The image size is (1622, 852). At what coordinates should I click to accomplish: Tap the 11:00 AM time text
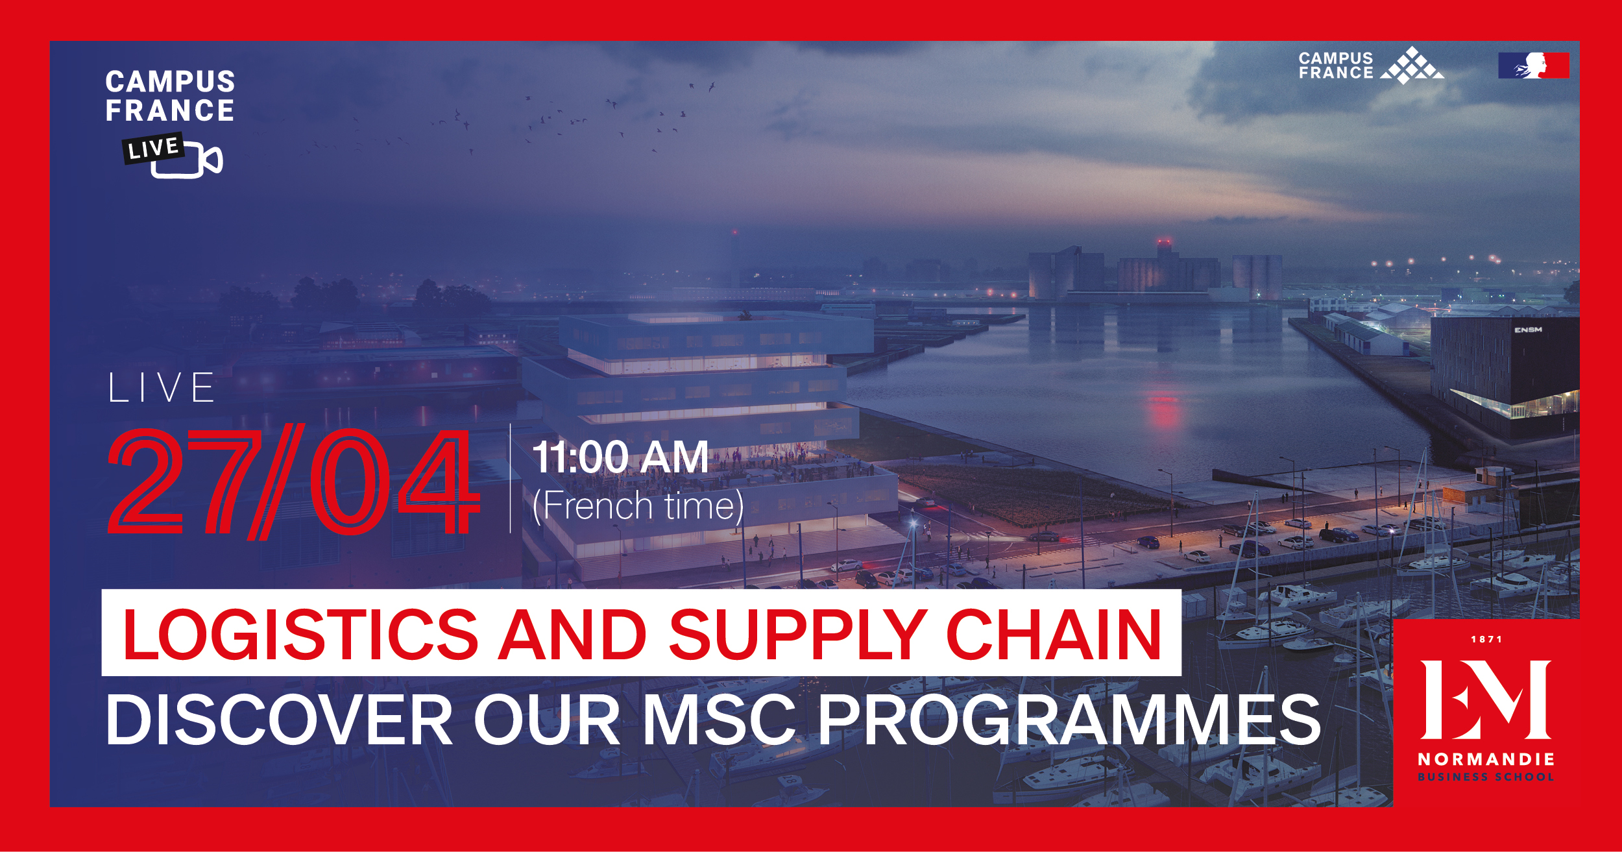click(x=620, y=457)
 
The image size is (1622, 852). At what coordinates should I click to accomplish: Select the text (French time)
click(x=638, y=505)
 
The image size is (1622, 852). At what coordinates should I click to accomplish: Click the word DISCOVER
click(x=280, y=720)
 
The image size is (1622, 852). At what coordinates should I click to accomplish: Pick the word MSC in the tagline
click(x=720, y=720)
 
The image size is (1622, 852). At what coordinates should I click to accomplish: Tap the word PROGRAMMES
click(x=1069, y=720)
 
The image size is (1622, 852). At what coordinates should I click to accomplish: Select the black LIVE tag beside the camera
click(x=154, y=149)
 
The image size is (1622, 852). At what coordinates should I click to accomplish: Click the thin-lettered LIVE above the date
click(x=162, y=388)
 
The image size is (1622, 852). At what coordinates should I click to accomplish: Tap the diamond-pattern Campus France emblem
click(x=1412, y=66)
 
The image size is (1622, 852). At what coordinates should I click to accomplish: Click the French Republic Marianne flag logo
click(x=1534, y=66)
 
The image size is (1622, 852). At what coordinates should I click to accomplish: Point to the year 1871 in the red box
click(x=1486, y=640)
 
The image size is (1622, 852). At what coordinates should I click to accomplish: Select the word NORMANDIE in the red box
click(x=1486, y=759)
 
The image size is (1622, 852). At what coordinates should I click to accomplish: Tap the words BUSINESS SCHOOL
click(x=1486, y=777)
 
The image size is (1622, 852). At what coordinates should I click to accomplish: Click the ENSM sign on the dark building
click(x=1528, y=330)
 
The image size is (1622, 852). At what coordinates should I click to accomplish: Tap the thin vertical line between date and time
click(x=511, y=478)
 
